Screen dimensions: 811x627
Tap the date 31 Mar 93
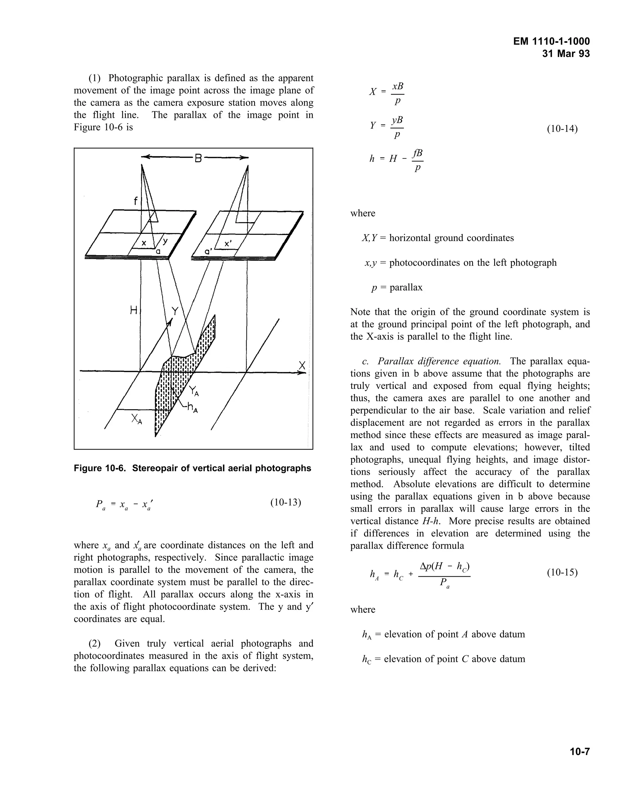click(566, 54)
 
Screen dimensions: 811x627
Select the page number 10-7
click(580, 752)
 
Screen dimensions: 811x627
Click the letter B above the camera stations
click(198, 159)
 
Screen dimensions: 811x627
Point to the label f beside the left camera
click(136, 201)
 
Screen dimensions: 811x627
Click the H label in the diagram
click(134, 310)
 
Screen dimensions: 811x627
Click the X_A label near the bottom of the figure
click(136, 420)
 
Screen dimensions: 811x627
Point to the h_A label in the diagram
click(192, 408)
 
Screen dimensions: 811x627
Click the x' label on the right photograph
click(228, 244)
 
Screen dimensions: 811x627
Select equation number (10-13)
click(285, 503)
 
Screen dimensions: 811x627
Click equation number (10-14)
click(562, 129)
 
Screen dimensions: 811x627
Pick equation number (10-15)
click(562, 572)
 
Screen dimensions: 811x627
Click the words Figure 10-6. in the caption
click(101, 468)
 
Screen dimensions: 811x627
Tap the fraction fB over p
click(418, 160)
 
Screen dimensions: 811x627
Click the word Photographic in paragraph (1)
click(136, 78)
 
